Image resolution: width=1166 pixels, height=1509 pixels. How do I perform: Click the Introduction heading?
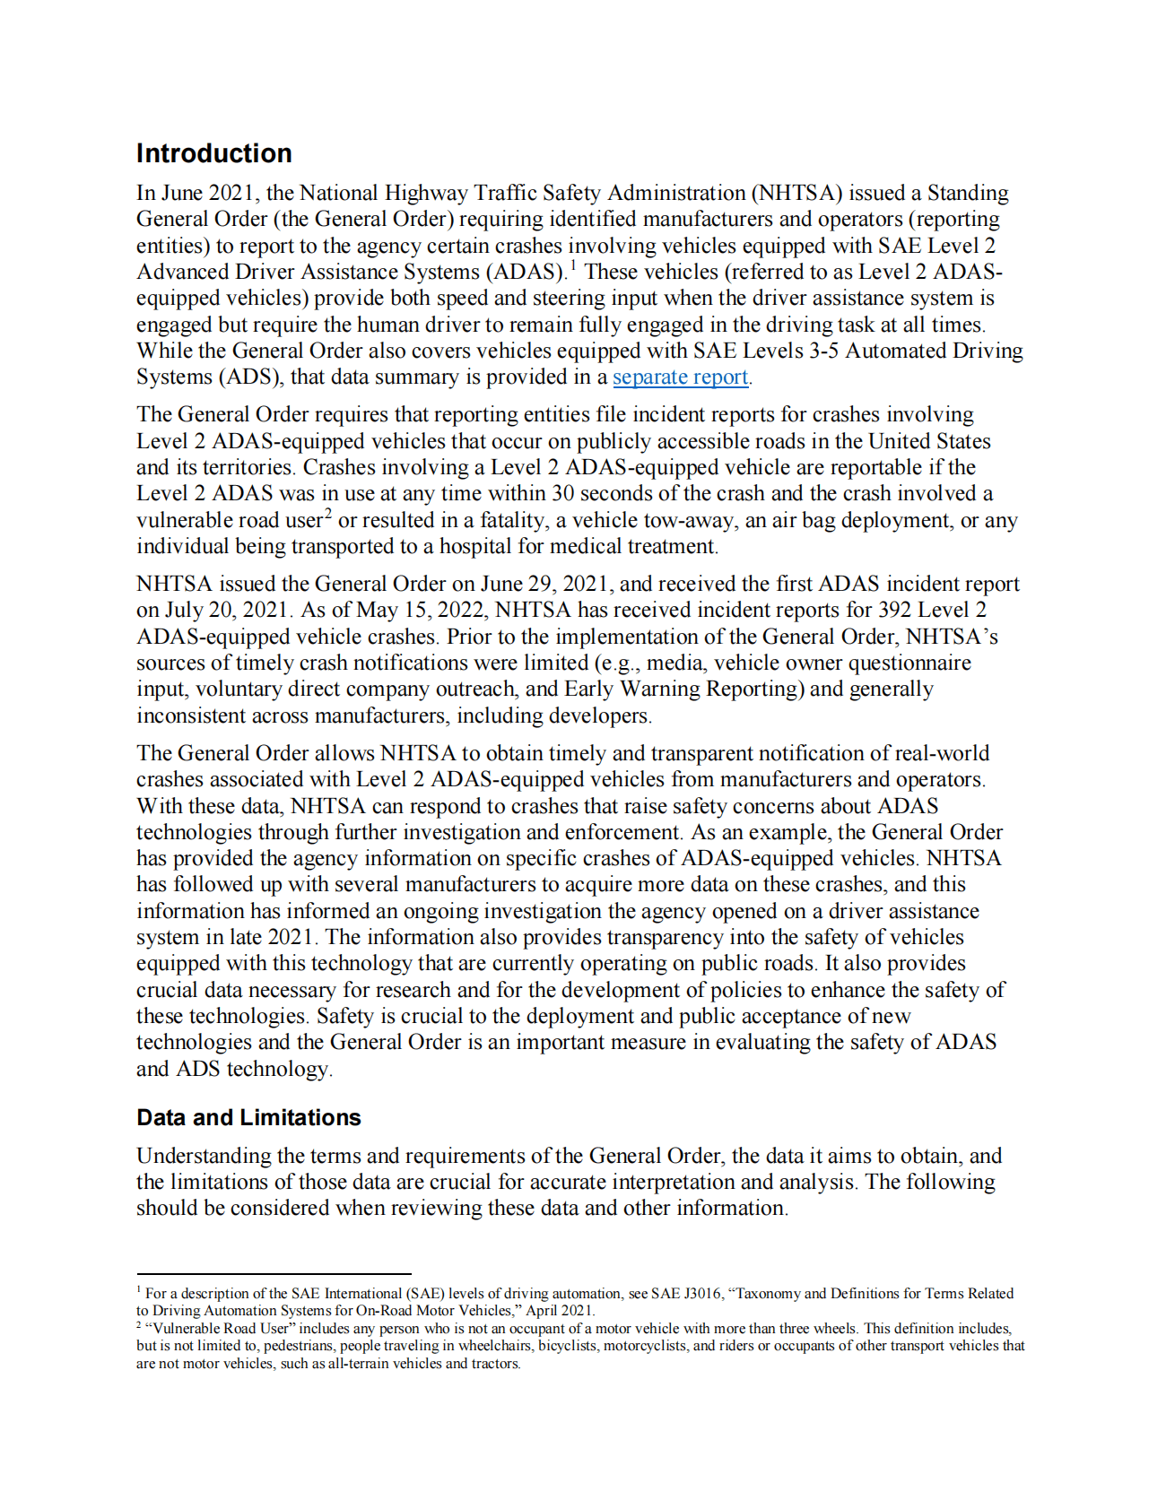pyautogui.click(x=213, y=153)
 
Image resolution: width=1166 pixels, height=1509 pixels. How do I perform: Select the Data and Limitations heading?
pyautogui.click(x=248, y=1117)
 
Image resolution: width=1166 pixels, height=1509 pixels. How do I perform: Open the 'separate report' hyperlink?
pyautogui.click(x=680, y=377)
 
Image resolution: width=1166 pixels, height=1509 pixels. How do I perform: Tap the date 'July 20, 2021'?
pyautogui.click(x=227, y=610)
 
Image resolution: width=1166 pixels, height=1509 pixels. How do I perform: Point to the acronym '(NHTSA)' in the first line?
pyautogui.click(x=797, y=193)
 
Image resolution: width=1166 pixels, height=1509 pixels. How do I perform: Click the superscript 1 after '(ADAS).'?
pyautogui.click(x=573, y=265)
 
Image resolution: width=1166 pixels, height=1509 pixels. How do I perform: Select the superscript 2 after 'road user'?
pyautogui.click(x=328, y=514)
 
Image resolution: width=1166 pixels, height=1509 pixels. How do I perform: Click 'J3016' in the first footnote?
pyautogui.click(x=702, y=1293)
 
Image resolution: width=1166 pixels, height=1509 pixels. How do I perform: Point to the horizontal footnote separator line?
pyautogui.click(x=274, y=1273)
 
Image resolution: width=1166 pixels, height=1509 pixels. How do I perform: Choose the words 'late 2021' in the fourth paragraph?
pyautogui.click(x=272, y=937)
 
